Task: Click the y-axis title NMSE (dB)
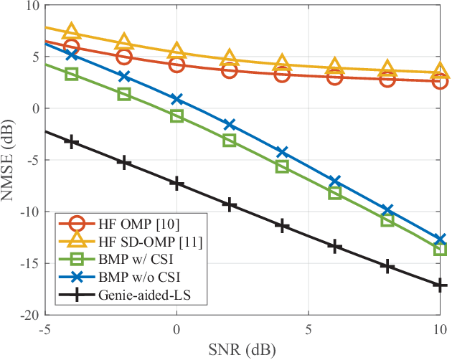point(11,160)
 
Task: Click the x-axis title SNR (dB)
point(242,349)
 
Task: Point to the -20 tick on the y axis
point(29,315)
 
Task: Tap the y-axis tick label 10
point(32,6)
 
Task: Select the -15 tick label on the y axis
point(29,263)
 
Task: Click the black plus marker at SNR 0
point(176,184)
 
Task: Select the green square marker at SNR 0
point(176,115)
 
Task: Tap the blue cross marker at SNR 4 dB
point(282,152)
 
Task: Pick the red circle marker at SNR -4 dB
point(71,47)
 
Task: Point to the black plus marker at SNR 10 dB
point(440,285)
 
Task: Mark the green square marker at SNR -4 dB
point(71,74)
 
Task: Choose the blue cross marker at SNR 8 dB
point(387,211)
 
